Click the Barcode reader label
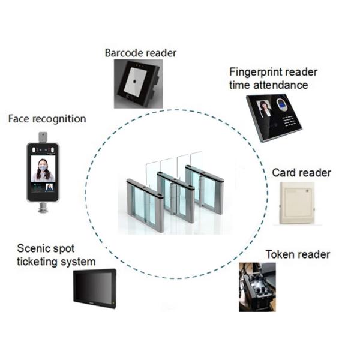point(140,53)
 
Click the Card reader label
point(301,173)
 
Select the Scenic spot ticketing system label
point(56,255)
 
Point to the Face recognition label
point(47,119)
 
